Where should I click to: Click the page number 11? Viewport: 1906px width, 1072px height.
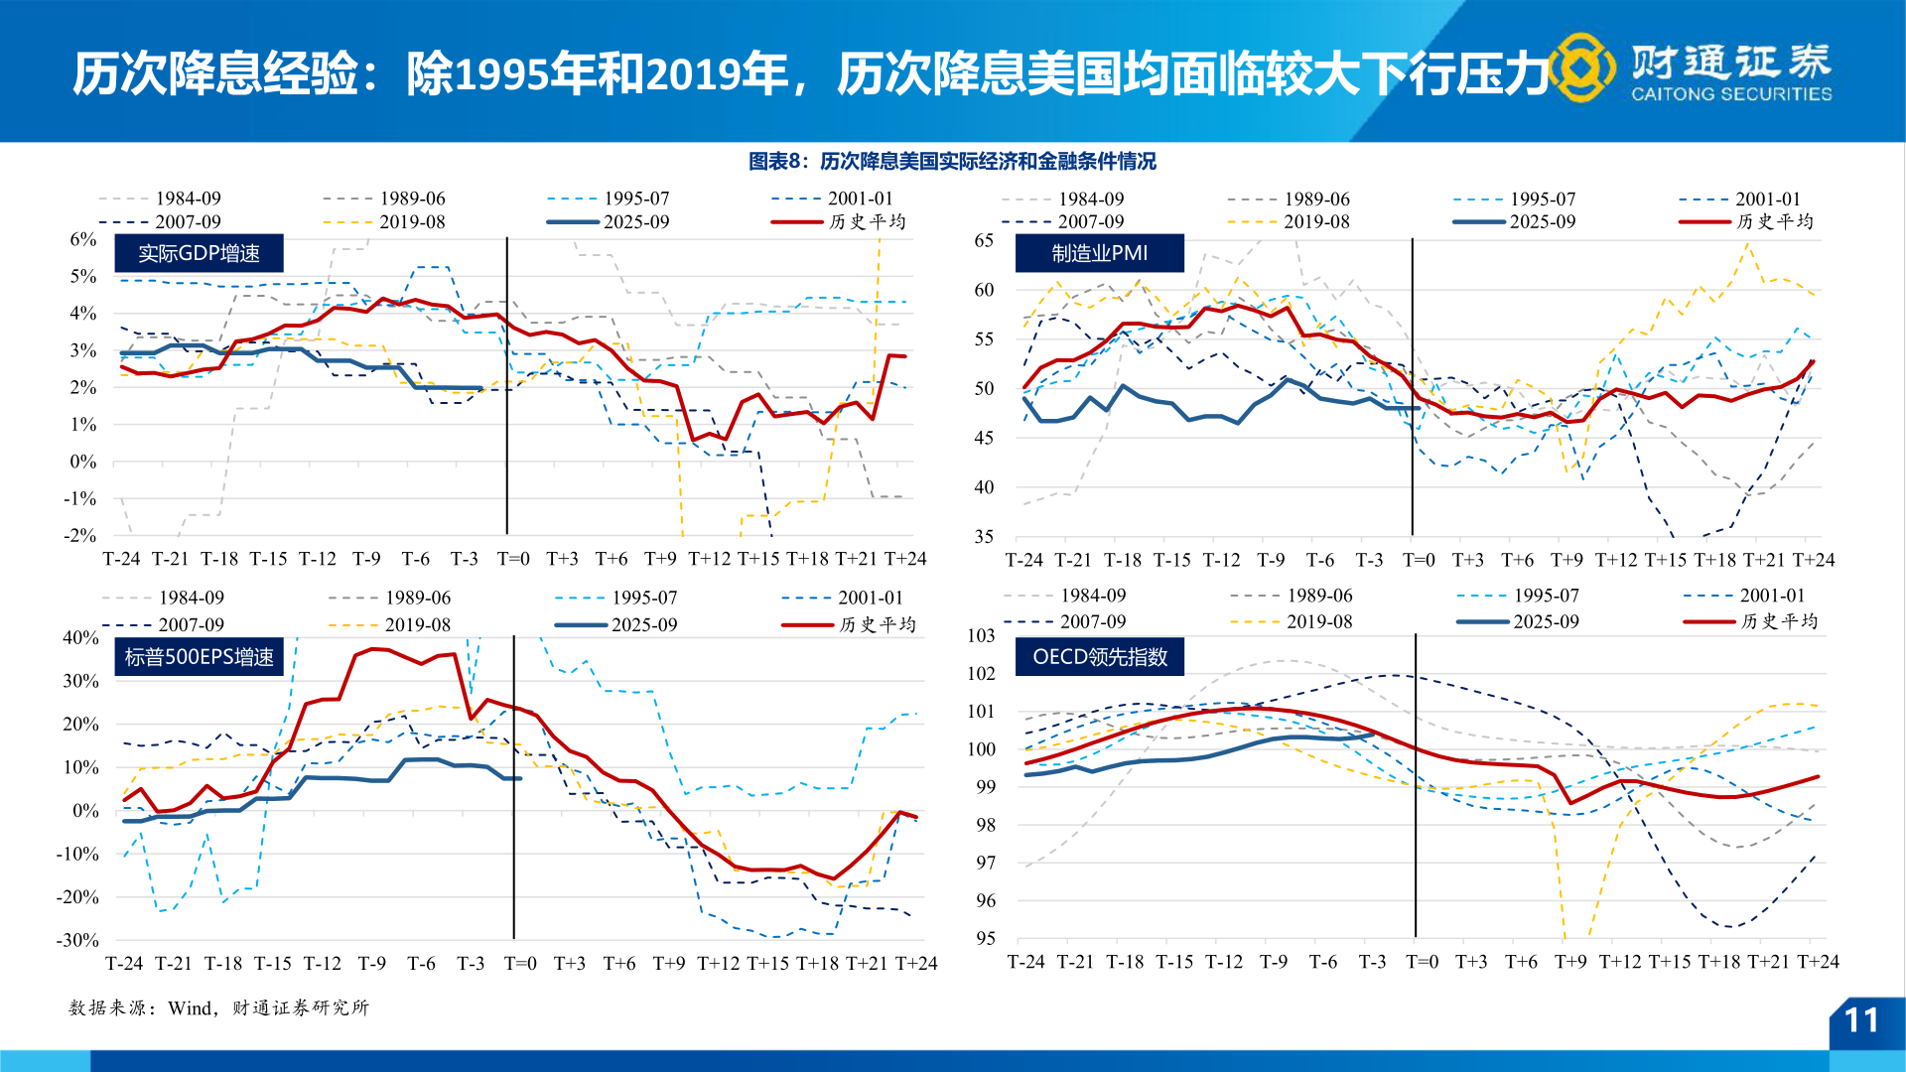(x=1861, y=1020)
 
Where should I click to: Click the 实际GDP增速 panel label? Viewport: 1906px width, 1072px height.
(x=199, y=254)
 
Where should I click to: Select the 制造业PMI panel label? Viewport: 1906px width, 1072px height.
(x=1099, y=253)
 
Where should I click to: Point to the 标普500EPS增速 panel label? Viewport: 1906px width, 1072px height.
(x=199, y=657)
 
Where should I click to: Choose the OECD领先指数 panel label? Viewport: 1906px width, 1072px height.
(x=1099, y=657)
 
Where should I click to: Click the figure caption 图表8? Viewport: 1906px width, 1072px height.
(x=952, y=161)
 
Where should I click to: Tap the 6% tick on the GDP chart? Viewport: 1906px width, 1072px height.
(x=83, y=239)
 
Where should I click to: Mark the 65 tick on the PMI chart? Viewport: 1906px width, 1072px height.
(x=983, y=240)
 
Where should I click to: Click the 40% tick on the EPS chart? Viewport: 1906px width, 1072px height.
(x=80, y=637)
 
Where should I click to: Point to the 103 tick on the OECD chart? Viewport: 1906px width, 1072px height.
(x=981, y=635)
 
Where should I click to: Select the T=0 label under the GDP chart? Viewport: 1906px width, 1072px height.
(x=513, y=559)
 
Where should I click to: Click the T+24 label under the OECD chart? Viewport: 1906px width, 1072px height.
(x=1818, y=962)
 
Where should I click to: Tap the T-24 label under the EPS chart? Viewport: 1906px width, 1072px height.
(x=124, y=963)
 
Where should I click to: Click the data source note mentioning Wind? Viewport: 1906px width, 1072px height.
(x=218, y=1007)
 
